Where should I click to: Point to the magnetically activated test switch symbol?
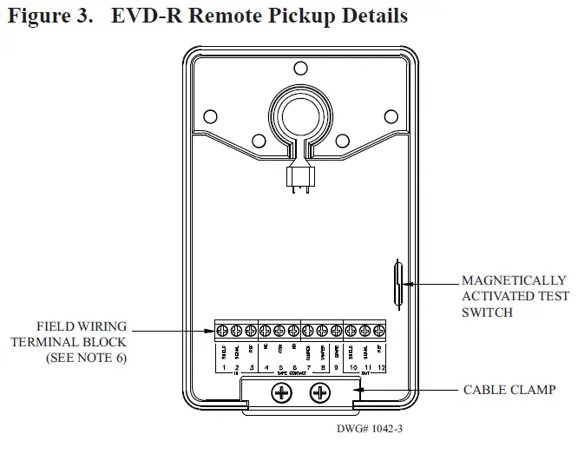397,283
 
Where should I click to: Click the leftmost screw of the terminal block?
223,331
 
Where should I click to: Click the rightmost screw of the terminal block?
378,331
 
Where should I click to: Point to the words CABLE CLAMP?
509,390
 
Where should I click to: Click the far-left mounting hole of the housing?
209,115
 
